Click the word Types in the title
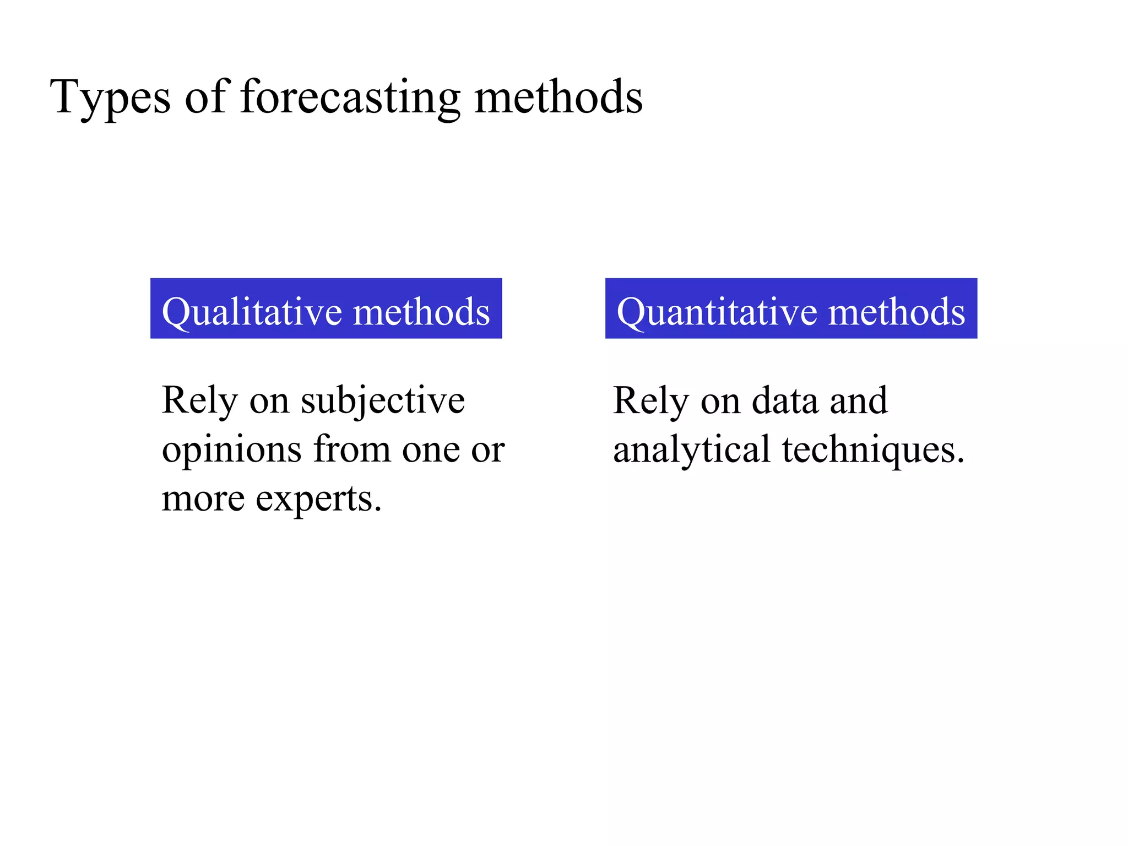[110, 98]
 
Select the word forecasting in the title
[350, 98]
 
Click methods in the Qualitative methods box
[421, 312]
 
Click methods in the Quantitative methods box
[897, 312]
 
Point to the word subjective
[383, 401]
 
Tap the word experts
[318, 499]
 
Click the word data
[785, 401]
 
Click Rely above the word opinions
[199, 401]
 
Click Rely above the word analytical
[650, 401]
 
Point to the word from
[352, 449]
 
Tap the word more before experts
[203, 499]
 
